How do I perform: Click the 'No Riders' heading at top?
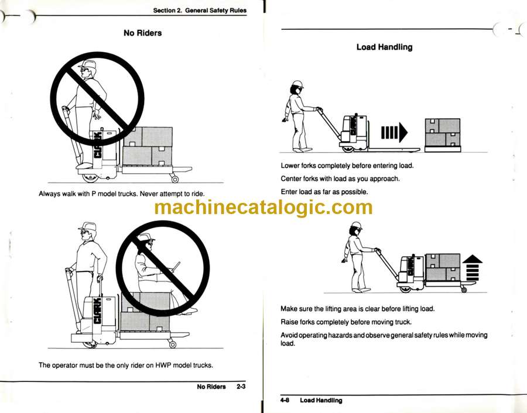coord(142,33)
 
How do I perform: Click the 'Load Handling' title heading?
coord(385,47)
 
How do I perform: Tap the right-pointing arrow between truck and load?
coord(394,132)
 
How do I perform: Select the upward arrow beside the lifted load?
coord(472,268)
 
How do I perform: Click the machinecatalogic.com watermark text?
coord(263,207)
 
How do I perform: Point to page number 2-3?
coord(241,387)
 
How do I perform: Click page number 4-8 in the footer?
coord(285,400)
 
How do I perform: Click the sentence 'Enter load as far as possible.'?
coord(324,192)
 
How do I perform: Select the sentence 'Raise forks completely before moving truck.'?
coord(346,322)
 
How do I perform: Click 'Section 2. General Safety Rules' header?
coord(200,11)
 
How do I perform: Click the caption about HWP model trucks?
coord(126,365)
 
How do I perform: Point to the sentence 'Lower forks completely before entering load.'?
coord(347,166)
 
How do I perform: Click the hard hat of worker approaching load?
coord(297,84)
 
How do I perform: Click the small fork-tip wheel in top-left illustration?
coord(174,179)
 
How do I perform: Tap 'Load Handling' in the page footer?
coord(321,400)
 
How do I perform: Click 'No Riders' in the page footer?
coord(211,387)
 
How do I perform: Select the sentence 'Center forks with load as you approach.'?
coord(340,178)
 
